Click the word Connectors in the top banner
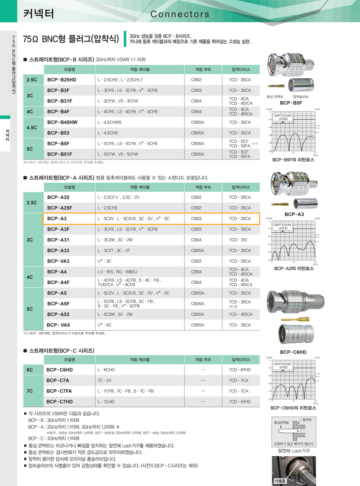point(180,14)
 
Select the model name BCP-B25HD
point(62,80)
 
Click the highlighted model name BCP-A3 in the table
point(57,218)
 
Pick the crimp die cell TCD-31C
point(238,240)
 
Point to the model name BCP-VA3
point(59,261)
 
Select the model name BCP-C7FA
point(60,391)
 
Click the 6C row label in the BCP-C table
point(30,370)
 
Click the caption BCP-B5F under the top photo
point(291,103)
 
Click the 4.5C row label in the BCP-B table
point(32,127)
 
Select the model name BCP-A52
point(58,314)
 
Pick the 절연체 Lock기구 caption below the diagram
point(294,451)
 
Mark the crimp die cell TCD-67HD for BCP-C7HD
point(239,401)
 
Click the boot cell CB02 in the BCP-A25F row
point(196,208)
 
